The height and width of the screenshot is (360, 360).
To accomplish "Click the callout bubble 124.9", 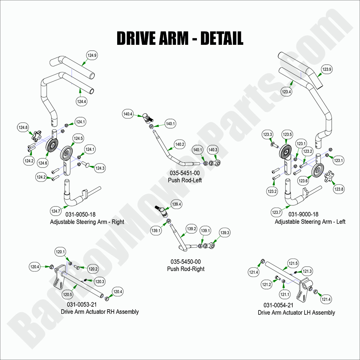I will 92,56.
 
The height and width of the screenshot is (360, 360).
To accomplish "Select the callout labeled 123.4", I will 287,92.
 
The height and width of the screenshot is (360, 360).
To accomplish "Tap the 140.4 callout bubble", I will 128,115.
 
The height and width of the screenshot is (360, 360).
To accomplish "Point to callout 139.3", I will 225,233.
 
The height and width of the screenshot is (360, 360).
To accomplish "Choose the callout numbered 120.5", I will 67,294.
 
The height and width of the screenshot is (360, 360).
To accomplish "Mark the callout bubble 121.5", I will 293,263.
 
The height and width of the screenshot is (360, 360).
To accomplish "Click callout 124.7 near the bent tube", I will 56,211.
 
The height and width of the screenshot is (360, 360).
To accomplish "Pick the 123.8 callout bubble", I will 339,189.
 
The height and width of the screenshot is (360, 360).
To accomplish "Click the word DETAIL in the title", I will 222,38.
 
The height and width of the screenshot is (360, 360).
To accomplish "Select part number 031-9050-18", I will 80,215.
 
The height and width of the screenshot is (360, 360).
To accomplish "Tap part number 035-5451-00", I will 185,173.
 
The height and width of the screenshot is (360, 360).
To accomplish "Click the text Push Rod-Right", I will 186,269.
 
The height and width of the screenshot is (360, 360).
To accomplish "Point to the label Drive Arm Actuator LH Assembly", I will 296,313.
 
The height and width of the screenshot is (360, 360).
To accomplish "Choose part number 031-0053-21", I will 82,305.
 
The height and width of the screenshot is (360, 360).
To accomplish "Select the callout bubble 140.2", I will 180,145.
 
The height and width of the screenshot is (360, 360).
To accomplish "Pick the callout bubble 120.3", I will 100,282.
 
